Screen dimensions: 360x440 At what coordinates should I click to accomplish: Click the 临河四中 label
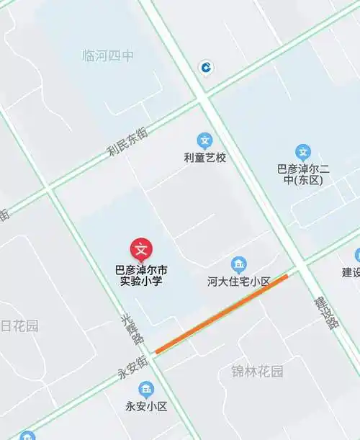pos(109,55)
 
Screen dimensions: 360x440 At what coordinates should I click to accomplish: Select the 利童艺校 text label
pos(205,157)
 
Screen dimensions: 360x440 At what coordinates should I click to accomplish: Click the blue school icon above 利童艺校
pos(205,140)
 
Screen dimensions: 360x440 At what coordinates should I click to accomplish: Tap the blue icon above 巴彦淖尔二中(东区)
pos(304,152)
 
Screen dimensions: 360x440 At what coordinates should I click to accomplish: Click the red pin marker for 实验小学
pos(142,249)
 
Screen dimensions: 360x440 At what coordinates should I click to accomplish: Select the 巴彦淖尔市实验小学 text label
pos(142,276)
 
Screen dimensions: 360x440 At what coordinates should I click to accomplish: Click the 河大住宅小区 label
pos(238,282)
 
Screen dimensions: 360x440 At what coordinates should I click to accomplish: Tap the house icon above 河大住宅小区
pos(238,264)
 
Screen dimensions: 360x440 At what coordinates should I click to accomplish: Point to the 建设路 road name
pos(326,312)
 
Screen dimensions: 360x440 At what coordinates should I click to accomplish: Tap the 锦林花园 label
pos(257,372)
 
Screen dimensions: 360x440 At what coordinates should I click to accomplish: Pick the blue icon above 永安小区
pos(146,390)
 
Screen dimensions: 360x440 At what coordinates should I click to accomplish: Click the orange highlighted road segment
pos(221,313)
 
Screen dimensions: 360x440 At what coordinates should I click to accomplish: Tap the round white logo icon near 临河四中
pos(207,68)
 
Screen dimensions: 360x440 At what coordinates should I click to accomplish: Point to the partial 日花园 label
pos(19,326)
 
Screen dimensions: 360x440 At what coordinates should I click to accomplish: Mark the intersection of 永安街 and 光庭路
pos(153,353)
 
